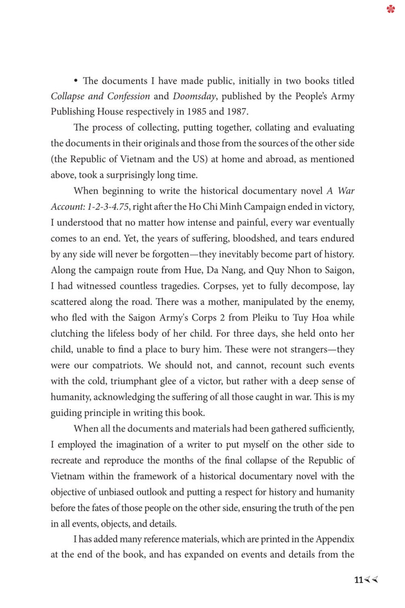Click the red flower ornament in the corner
[x=390, y=9]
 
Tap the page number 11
[x=358, y=580]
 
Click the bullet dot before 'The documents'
[x=76, y=81]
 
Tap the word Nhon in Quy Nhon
[x=301, y=270]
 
